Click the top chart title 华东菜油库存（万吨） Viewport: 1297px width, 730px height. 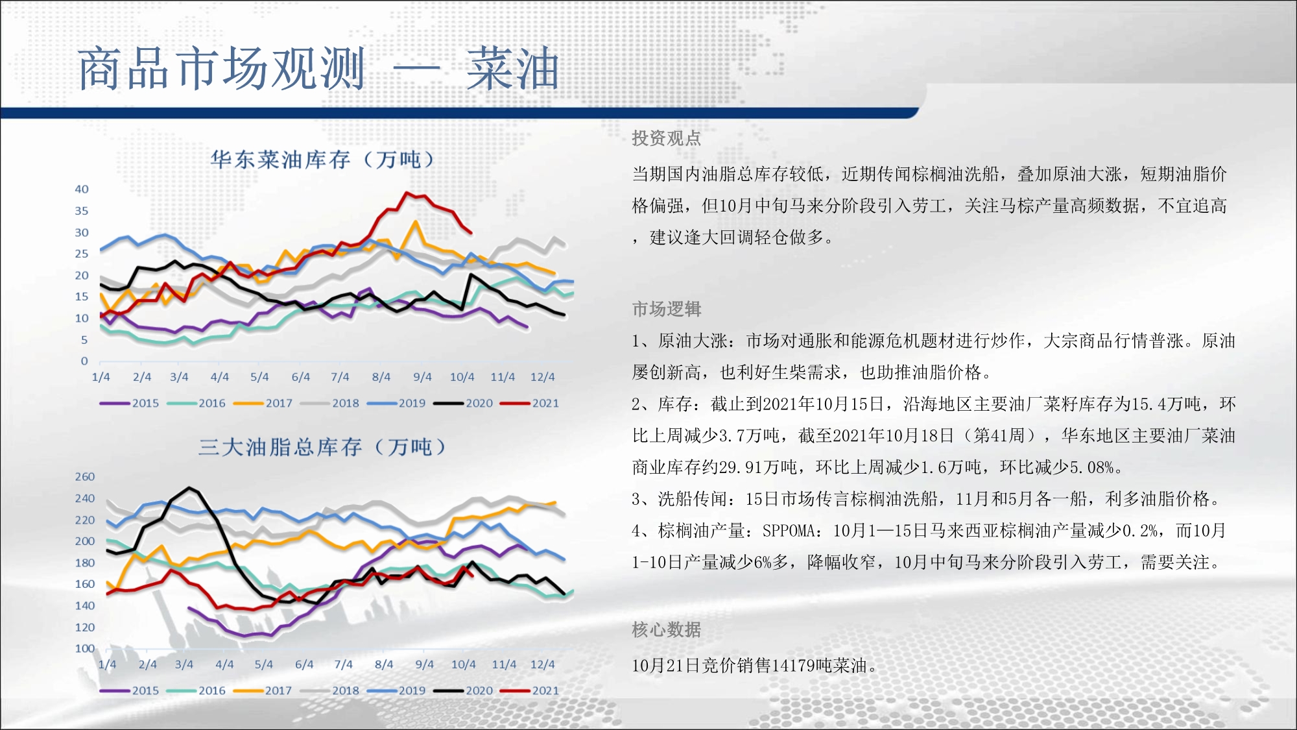click(322, 160)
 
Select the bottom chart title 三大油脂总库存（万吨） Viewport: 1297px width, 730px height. click(322, 447)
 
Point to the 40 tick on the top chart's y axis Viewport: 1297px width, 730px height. click(82, 189)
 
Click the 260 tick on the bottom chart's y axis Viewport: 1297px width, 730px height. click(84, 477)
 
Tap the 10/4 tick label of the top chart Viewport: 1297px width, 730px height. click(462, 377)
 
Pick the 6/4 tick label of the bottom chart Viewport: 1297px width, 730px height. click(304, 664)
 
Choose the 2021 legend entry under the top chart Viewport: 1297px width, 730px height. click(529, 403)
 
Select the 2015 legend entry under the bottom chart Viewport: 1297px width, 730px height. click(129, 690)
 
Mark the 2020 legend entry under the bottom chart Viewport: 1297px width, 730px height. click(463, 690)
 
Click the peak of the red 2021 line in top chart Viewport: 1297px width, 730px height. click(407, 193)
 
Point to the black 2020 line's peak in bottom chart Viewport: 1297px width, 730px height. click(189, 487)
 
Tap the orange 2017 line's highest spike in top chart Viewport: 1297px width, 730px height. click(416, 222)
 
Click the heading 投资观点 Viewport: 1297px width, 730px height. click(667, 138)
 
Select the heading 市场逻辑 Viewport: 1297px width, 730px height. click(667, 309)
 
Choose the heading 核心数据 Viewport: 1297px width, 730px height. click(667, 629)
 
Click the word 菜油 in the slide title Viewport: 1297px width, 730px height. click(512, 69)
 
